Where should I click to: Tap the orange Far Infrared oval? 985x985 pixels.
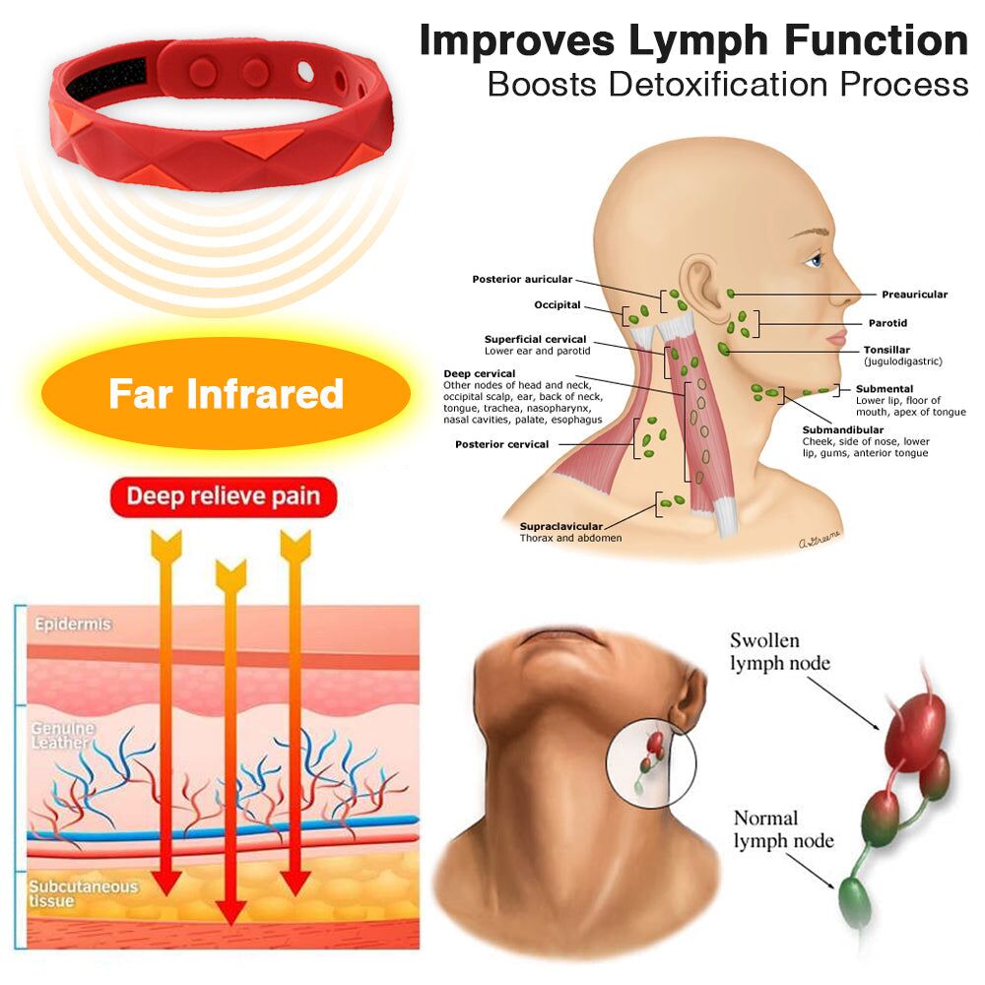coord(226,394)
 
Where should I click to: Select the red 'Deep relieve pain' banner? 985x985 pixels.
coord(224,496)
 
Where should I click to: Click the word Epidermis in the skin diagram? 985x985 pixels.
coord(74,624)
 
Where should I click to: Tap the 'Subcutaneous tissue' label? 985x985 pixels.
coord(83,893)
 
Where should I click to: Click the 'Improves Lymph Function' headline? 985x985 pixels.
coord(693,41)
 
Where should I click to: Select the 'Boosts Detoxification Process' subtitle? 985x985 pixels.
coord(728,85)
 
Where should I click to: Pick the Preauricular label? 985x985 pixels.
coord(914,295)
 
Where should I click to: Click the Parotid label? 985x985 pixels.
coord(887,323)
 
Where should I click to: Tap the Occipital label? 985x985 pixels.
coord(558,305)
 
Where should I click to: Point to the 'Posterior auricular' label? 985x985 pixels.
coord(522,280)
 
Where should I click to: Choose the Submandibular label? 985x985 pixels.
coord(842,430)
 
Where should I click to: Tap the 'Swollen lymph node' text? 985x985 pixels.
coord(779,652)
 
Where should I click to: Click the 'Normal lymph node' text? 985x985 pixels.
coord(783,829)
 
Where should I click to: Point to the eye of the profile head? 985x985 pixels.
coord(814,260)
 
